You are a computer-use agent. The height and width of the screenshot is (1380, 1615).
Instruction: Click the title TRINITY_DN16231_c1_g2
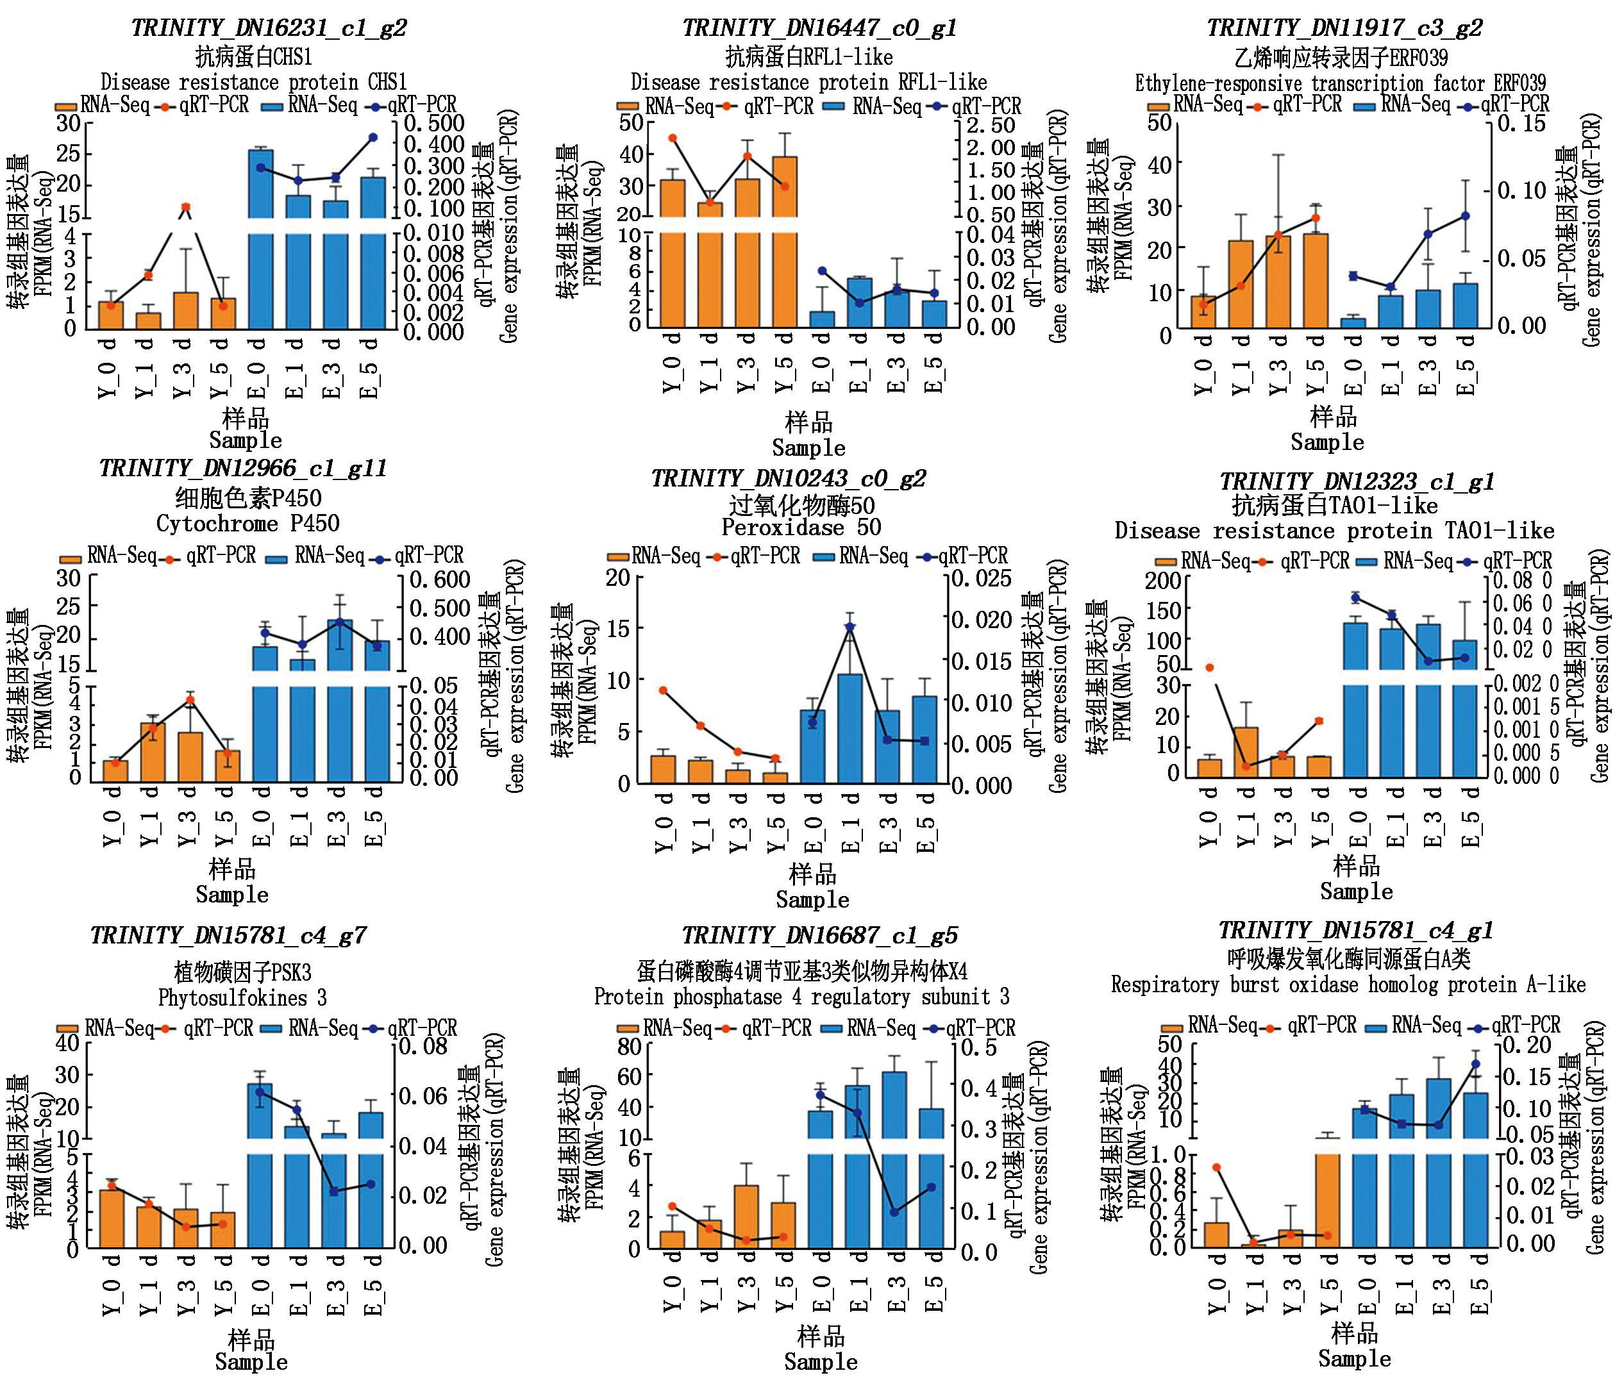point(268,28)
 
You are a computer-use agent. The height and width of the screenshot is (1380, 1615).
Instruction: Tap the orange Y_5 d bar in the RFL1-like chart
point(784,234)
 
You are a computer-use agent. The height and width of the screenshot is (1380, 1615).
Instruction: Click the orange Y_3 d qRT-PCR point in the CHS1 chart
point(185,207)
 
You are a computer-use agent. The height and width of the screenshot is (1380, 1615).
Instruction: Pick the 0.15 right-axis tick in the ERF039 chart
point(1521,123)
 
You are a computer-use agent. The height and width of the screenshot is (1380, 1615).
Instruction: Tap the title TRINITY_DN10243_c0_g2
point(788,478)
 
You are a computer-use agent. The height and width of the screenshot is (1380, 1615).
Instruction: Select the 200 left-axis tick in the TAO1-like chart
point(1162,581)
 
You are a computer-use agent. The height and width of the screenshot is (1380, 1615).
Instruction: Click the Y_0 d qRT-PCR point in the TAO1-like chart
point(1210,667)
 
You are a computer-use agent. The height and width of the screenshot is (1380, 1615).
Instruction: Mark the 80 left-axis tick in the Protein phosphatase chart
point(629,1047)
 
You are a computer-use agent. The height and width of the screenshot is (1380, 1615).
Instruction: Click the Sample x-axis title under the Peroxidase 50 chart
point(812,900)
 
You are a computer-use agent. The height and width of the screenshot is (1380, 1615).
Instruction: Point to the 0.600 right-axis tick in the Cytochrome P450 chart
point(440,579)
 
